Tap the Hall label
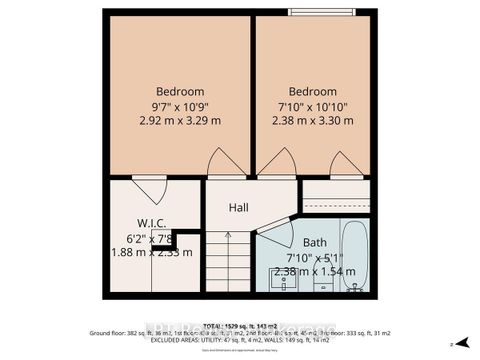238,207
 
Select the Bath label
315,241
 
